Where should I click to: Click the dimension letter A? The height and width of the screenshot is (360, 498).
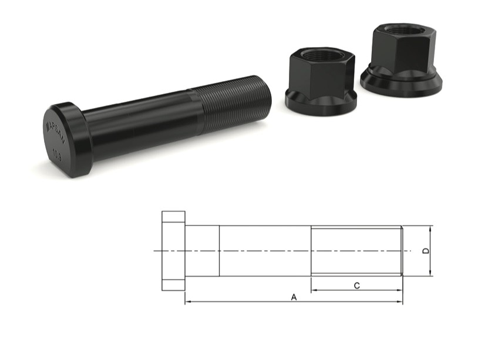pyautogui.click(x=294, y=297)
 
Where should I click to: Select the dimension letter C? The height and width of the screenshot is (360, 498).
pyautogui.click(x=357, y=285)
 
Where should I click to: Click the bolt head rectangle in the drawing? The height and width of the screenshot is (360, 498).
pyautogui.click(x=173, y=251)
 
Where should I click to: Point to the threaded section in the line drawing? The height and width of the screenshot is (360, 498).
pyautogui.click(x=356, y=251)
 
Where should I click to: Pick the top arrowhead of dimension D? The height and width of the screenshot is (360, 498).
pyautogui.click(x=430, y=229)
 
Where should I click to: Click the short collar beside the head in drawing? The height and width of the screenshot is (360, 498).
pyautogui.click(x=202, y=251)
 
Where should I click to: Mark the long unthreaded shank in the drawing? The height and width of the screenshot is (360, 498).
pyautogui.click(x=264, y=251)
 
